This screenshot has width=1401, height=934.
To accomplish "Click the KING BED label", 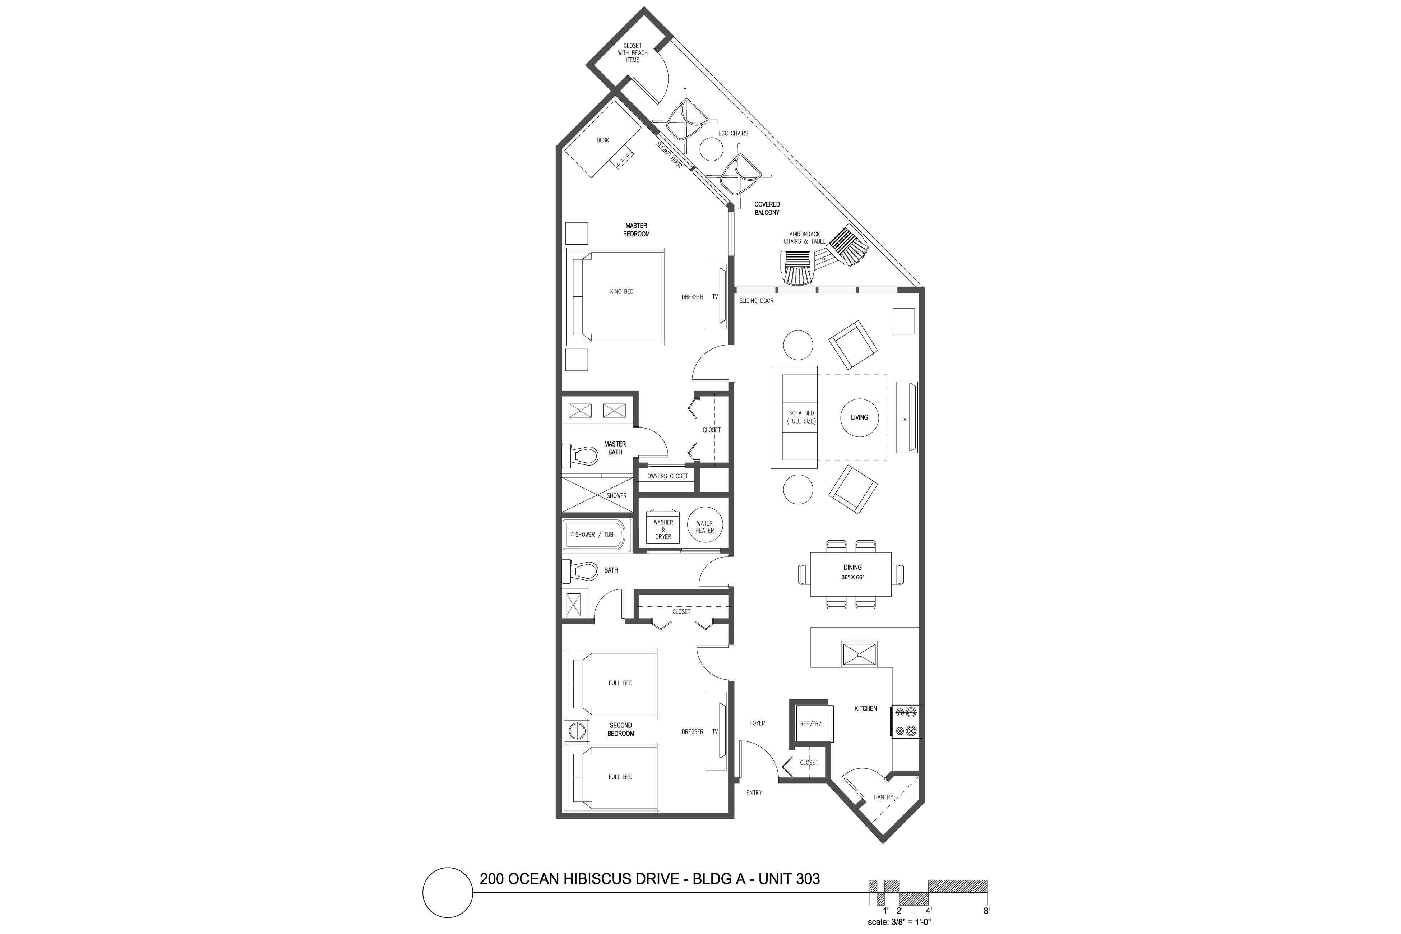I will (621, 292).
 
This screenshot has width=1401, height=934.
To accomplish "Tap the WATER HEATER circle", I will (705, 527).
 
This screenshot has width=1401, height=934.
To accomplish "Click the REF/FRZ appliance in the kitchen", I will (811, 724).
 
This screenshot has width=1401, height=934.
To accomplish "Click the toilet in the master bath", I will (582, 456).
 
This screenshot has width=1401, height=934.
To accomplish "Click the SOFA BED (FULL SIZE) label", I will (801, 417).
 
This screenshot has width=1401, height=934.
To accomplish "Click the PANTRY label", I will (883, 797).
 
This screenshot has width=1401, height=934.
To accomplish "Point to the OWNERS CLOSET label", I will (667, 476).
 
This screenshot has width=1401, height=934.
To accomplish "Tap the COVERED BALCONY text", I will (767, 208).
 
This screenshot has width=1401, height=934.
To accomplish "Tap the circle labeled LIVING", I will (859, 417).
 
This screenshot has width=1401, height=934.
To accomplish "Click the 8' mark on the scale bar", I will (986, 911).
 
